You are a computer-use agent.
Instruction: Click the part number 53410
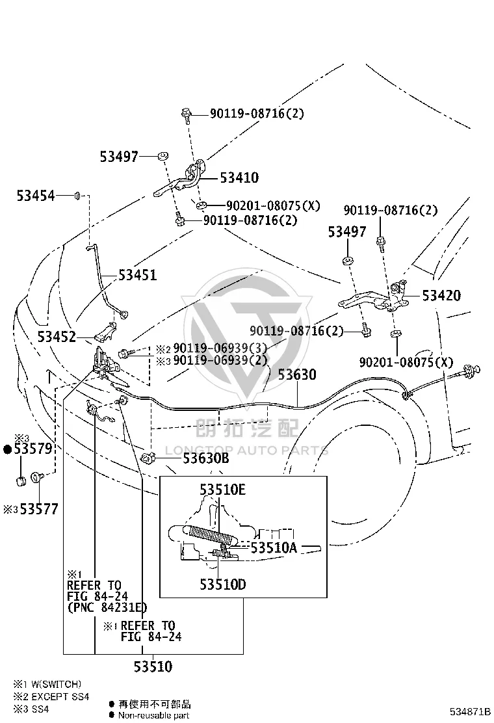coord(239,177)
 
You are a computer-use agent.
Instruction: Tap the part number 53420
coord(441,295)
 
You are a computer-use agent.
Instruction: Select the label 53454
coord(36,196)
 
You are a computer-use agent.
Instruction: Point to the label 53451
coord(137,275)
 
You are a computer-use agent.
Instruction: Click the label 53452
coord(57,337)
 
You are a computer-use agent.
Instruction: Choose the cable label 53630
coord(297,375)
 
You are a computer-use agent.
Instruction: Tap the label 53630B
coord(206,458)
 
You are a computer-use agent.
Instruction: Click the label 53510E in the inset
coord(222,490)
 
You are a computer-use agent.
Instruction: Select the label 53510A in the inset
coord(274,548)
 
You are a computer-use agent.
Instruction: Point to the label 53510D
coord(222,585)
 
